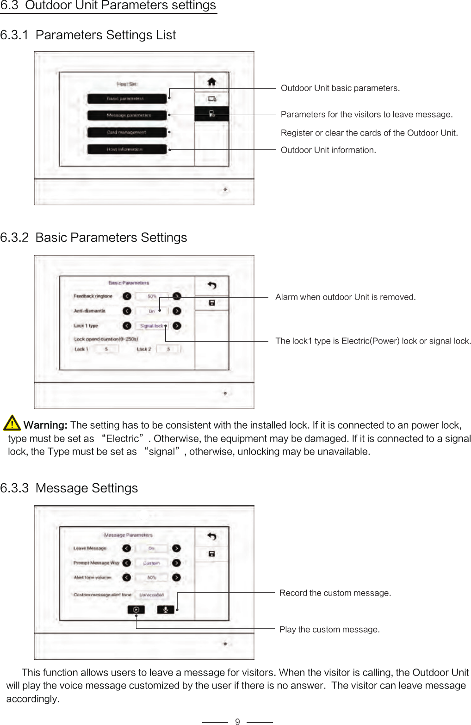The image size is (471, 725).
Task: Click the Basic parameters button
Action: (126, 98)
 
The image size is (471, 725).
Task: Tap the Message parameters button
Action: (126, 115)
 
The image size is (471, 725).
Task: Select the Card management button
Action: (126, 132)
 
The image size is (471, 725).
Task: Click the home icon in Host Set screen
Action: (211, 82)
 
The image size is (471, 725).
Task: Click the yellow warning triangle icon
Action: (12, 423)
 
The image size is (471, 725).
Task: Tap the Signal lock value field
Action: (152, 326)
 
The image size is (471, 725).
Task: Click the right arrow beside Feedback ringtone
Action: (177, 296)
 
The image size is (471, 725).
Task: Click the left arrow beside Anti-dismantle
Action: (127, 311)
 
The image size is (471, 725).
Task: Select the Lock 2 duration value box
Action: (168, 349)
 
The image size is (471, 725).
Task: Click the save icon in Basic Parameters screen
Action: (212, 303)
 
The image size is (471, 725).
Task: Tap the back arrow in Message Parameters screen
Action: (212, 536)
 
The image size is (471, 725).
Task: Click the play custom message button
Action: (136, 610)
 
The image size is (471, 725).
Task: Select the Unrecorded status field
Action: (151, 595)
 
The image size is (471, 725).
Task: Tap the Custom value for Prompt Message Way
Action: (151, 563)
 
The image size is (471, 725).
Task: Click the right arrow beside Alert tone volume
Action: (176, 578)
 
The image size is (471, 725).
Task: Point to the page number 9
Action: (237, 721)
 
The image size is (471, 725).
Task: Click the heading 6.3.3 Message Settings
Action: (69, 488)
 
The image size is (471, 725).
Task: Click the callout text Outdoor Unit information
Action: (328, 150)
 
